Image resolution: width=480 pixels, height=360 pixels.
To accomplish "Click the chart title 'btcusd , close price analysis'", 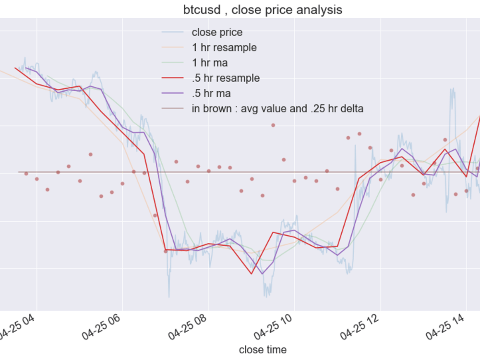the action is click(x=263, y=10).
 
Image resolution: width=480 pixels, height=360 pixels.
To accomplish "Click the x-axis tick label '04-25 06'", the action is click(x=101, y=327).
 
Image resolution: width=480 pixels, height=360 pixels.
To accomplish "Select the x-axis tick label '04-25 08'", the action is click(x=187, y=327).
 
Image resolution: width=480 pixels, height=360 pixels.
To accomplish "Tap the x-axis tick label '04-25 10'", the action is click(x=273, y=327).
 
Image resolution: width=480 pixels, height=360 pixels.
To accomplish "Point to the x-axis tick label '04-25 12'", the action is click(x=360, y=327).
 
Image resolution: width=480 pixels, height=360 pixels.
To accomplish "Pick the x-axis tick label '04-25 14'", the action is click(x=445, y=327).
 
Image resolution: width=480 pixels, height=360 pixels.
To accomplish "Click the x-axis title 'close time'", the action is click(x=263, y=349).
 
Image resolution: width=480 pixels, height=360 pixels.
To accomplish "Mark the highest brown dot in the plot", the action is click(x=273, y=125).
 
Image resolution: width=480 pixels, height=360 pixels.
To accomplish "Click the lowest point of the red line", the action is click(x=252, y=274).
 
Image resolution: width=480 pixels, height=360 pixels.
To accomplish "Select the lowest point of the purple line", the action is click(x=263, y=274).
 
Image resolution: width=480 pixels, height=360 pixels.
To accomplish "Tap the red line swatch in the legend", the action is click(x=173, y=78).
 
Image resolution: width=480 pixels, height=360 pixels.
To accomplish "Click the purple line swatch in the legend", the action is click(x=173, y=94).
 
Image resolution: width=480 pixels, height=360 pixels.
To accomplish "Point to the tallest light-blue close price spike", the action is click(x=452, y=89).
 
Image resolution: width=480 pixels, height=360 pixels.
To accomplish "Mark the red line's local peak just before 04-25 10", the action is click(x=274, y=233).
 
